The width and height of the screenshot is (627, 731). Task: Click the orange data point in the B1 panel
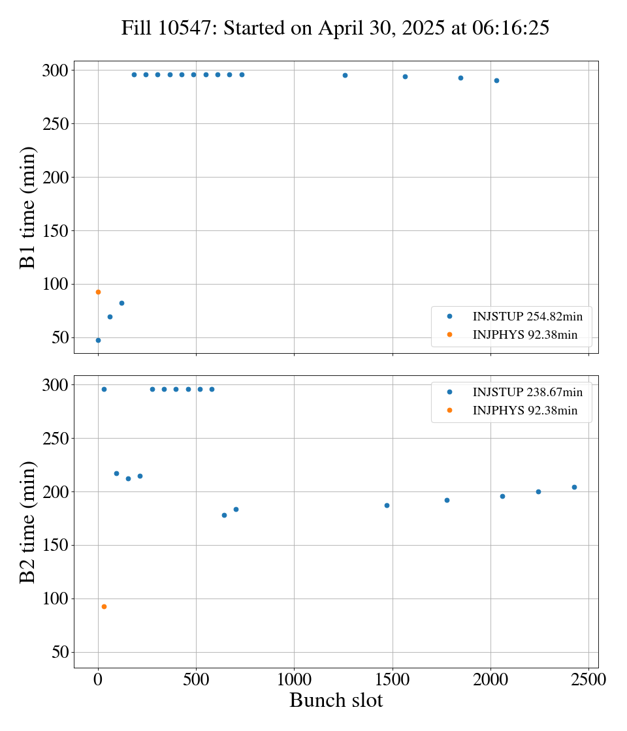click(x=98, y=292)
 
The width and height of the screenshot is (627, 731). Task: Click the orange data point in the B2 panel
click(x=104, y=606)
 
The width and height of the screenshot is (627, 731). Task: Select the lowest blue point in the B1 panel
click(x=98, y=340)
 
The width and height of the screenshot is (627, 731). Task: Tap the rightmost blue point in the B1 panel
click(x=496, y=80)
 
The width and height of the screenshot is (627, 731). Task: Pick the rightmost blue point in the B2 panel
click(x=574, y=487)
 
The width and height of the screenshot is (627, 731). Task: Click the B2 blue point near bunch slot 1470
click(x=387, y=505)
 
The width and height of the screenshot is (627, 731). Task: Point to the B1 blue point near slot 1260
click(x=345, y=75)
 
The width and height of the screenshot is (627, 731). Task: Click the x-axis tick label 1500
click(x=392, y=679)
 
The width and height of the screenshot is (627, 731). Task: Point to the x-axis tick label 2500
click(x=588, y=679)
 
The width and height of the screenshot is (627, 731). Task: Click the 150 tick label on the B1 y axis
click(x=56, y=231)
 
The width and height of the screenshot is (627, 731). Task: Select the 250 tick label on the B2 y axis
click(x=56, y=439)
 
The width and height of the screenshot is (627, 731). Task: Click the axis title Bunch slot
click(x=336, y=701)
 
